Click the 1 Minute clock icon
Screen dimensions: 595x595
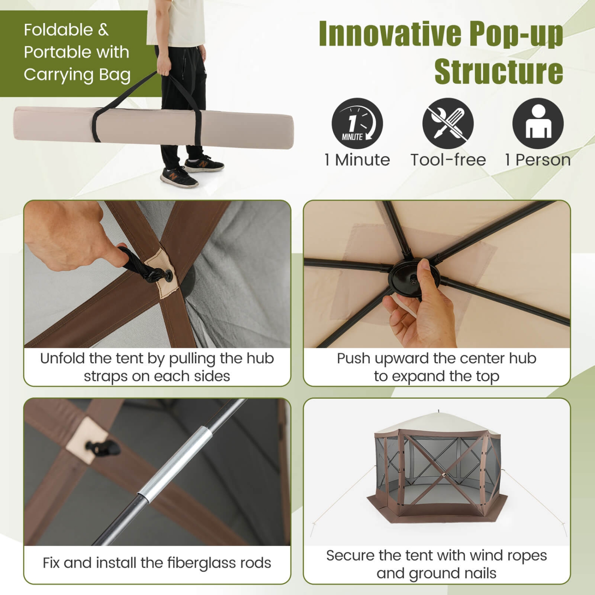357,123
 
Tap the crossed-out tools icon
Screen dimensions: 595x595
448,123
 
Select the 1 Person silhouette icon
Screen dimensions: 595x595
538,123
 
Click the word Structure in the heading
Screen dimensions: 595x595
499,72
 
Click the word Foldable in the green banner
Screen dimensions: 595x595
58,30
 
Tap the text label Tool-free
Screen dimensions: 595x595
448,160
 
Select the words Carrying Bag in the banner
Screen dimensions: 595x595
77,75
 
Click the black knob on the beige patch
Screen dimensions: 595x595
103,448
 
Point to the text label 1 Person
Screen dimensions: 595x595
538,160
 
